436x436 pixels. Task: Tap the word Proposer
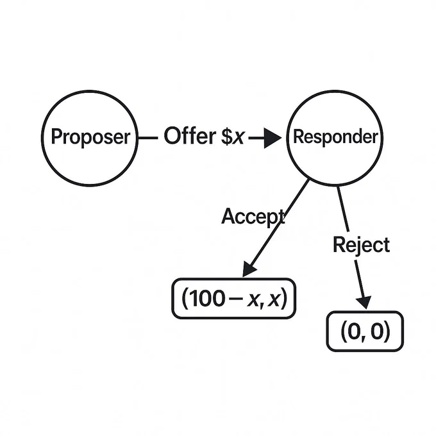[x=90, y=137]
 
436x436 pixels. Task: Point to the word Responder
[x=335, y=137]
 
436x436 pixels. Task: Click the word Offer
[x=190, y=136]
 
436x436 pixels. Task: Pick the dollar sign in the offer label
[x=227, y=136]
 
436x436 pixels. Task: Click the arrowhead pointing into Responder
[x=272, y=138]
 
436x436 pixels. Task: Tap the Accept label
[x=253, y=216]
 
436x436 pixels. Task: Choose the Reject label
[x=361, y=245]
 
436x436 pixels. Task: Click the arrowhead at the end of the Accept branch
[x=249, y=269]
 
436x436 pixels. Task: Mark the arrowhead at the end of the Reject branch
[x=364, y=302]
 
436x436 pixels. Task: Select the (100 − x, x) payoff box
[x=233, y=279]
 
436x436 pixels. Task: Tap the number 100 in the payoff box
[x=206, y=299]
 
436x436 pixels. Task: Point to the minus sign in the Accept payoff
[x=235, y=299]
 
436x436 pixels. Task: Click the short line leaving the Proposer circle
[x=148, y=138]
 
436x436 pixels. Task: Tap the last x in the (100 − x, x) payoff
[x=273, y=300]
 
